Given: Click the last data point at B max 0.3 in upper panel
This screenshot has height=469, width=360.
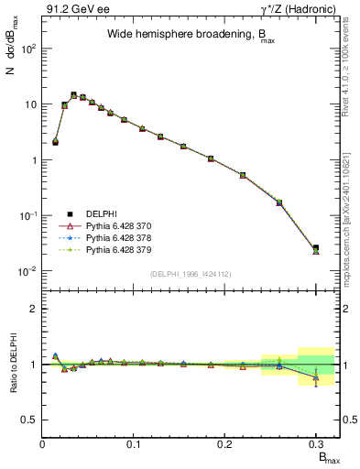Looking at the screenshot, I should (315, 248).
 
